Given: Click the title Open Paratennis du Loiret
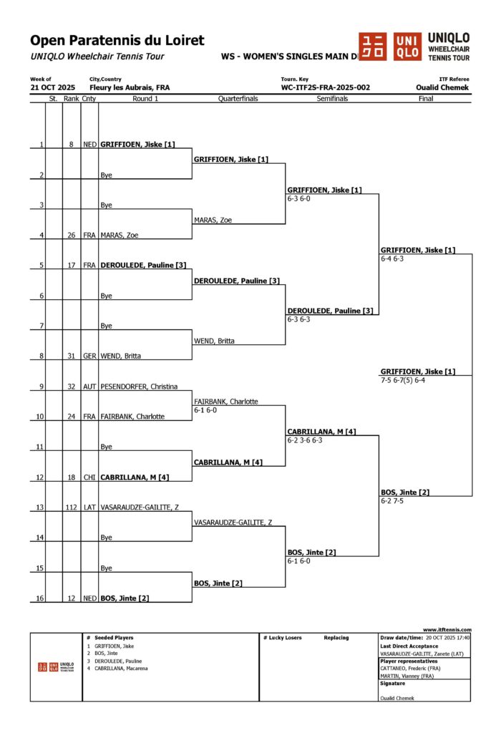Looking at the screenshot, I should tap(117, 41).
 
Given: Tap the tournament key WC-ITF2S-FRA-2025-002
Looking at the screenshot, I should tap(325, 87).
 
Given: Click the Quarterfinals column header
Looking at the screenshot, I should tap(238, 99).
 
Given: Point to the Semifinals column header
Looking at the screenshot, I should tap(332, 99).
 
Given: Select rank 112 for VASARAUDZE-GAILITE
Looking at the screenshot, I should tap(71, 507).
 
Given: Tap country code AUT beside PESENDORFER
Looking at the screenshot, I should tap(89, 387).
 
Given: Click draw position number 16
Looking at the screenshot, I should tap(41, 598).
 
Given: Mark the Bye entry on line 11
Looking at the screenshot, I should tap(107, 447).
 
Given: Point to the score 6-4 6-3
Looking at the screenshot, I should tap(394, 258).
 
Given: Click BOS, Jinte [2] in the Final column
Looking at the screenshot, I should tap(405, 492).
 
